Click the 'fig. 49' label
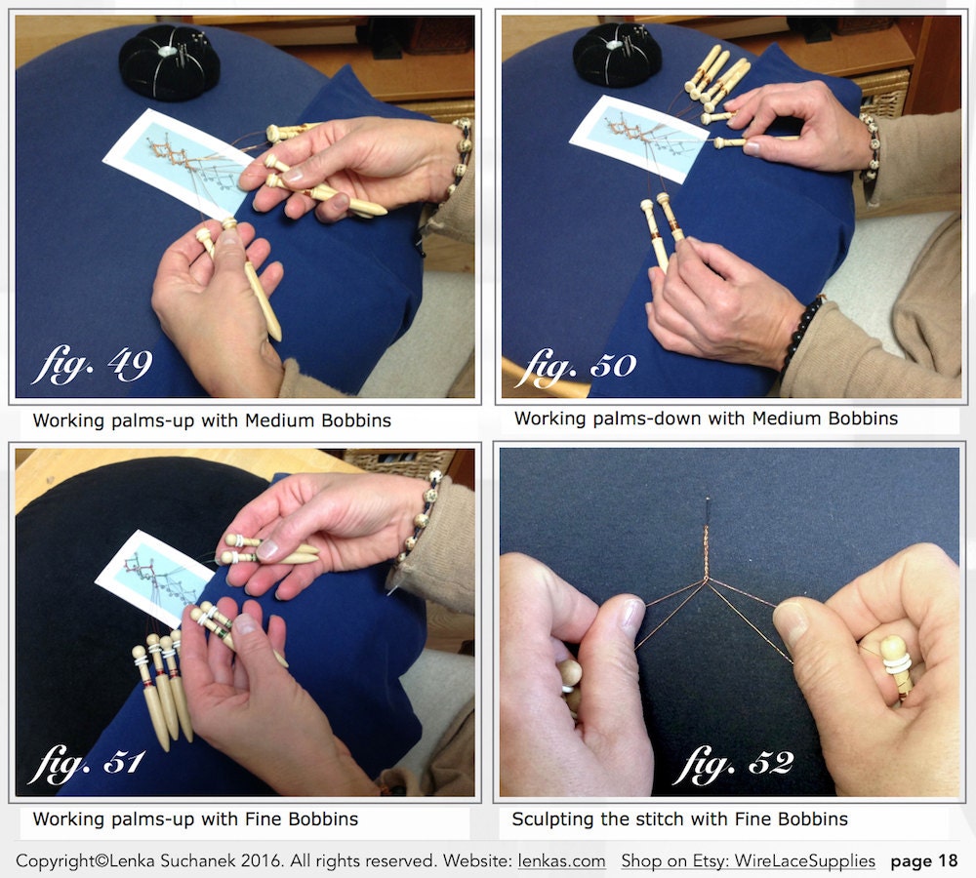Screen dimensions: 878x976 (x=92, y=364)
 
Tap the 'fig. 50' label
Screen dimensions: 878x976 (x=576, y=367)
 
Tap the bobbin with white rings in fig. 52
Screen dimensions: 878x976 (x=896, y=662)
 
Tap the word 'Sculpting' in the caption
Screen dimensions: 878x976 (x=552, y=818)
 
